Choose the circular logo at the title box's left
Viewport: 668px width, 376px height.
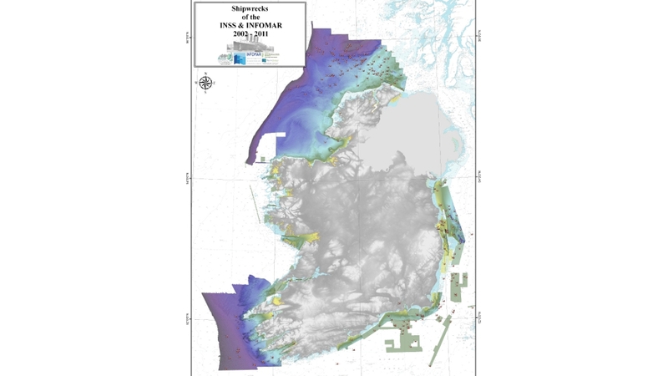(x=225, y=58)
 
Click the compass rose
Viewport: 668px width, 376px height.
(x=206, y=83)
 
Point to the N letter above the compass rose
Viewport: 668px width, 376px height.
(x=206, y=74)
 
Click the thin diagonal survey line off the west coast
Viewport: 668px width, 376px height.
(x=253, y=209)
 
